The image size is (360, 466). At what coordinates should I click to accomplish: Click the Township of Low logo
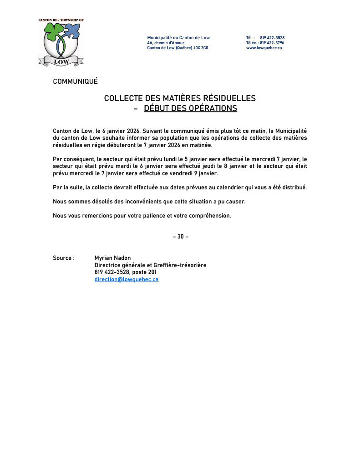click(61, 42)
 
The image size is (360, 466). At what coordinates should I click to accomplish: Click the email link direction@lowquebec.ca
click(126, 279)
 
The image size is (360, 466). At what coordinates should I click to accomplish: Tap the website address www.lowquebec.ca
click(264, 48)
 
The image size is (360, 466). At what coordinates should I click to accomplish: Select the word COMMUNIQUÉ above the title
click(75, 81)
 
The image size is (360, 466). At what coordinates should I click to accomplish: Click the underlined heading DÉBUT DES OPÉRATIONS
click(190, 108)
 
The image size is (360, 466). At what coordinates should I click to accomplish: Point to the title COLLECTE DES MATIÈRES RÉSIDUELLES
click(180, 98)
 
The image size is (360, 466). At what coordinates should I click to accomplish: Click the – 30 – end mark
click(180, 237)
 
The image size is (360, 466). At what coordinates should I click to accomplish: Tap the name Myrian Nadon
click(112, 258)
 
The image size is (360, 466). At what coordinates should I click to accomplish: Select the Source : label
click(63, 258)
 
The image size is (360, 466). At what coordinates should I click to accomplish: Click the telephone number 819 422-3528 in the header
click(272, 38)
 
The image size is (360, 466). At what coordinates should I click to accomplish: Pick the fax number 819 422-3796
click(272, 43)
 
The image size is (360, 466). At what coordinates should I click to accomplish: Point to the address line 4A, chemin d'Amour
click(166, 43)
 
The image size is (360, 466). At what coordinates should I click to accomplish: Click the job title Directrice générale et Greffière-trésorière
click(150, 265)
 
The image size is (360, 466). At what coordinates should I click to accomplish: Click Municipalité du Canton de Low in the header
click(178, 38)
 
